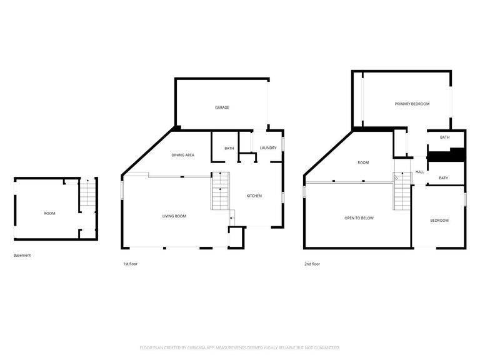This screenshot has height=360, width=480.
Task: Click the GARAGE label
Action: point(222,107)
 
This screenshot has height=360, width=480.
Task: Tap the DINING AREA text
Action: point(183,155)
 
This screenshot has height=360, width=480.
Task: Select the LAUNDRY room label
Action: point(268,148)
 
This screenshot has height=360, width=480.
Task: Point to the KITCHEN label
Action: point(254,196)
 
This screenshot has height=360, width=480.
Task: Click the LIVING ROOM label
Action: point(174,216)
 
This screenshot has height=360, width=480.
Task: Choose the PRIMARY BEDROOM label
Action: point(412,104)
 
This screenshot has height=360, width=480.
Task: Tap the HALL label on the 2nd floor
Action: point(419,172)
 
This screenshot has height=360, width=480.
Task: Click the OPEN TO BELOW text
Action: point(359,218)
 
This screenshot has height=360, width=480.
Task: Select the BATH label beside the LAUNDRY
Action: point(229,149)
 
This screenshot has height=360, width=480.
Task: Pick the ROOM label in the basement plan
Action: point(49,214)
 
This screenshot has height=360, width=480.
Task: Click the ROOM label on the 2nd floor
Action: point(363,162)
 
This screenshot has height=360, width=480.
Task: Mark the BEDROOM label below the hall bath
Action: point(439,221)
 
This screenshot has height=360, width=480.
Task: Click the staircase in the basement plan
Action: point(88,194)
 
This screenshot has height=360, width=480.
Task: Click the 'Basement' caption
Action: point(22,256)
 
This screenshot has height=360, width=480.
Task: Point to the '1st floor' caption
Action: point(130,264)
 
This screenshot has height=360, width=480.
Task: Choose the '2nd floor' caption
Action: point(312,264)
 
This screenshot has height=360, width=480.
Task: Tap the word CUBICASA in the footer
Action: point(202,347)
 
